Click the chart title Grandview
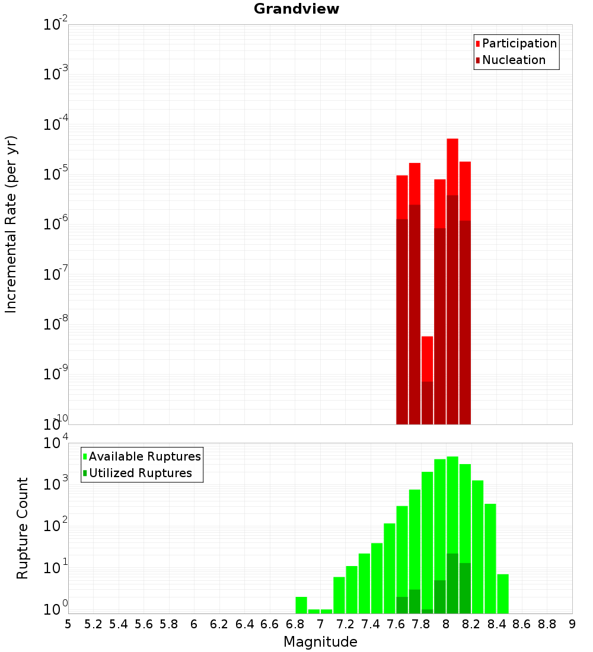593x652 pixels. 296,9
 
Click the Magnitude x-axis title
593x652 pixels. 320,642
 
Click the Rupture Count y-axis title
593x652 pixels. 23,528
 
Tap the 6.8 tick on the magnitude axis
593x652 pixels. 295,624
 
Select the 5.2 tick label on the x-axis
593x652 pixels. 93,624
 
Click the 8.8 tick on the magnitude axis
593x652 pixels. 547,624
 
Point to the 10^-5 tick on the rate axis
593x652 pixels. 55,174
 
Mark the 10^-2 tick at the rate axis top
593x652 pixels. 55,25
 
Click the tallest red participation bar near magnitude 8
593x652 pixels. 452,166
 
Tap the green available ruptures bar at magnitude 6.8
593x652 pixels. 301,605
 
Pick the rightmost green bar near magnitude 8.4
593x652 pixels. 503,593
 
